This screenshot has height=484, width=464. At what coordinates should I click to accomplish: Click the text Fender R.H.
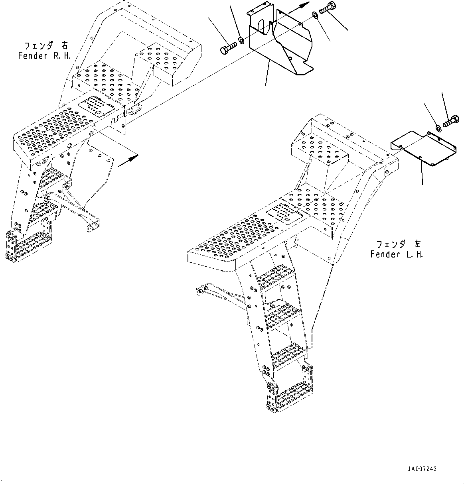pyautogui.click(x=44, y=56)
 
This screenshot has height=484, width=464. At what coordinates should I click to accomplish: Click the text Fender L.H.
pyautogui.click(x=396, y=254)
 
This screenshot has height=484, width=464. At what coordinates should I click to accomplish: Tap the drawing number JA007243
pyautogui.click(x=422, y=469)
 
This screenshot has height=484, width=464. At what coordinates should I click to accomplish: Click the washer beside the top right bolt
pyautogui.click(x=314, y=15)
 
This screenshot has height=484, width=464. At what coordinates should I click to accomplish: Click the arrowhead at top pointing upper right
pyautogui.click(x=305, y=5)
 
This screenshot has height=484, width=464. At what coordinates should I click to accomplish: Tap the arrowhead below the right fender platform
pyautogui.click(x=133, y=157)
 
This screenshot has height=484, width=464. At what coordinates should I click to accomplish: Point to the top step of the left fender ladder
pyautogui.click(x=277, y=275)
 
